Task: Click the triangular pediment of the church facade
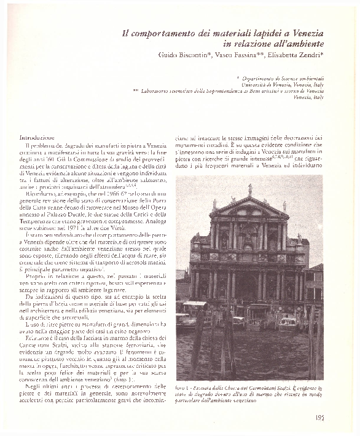(249, 208)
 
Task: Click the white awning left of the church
(195, 303)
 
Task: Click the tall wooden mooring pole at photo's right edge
(316, 344)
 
